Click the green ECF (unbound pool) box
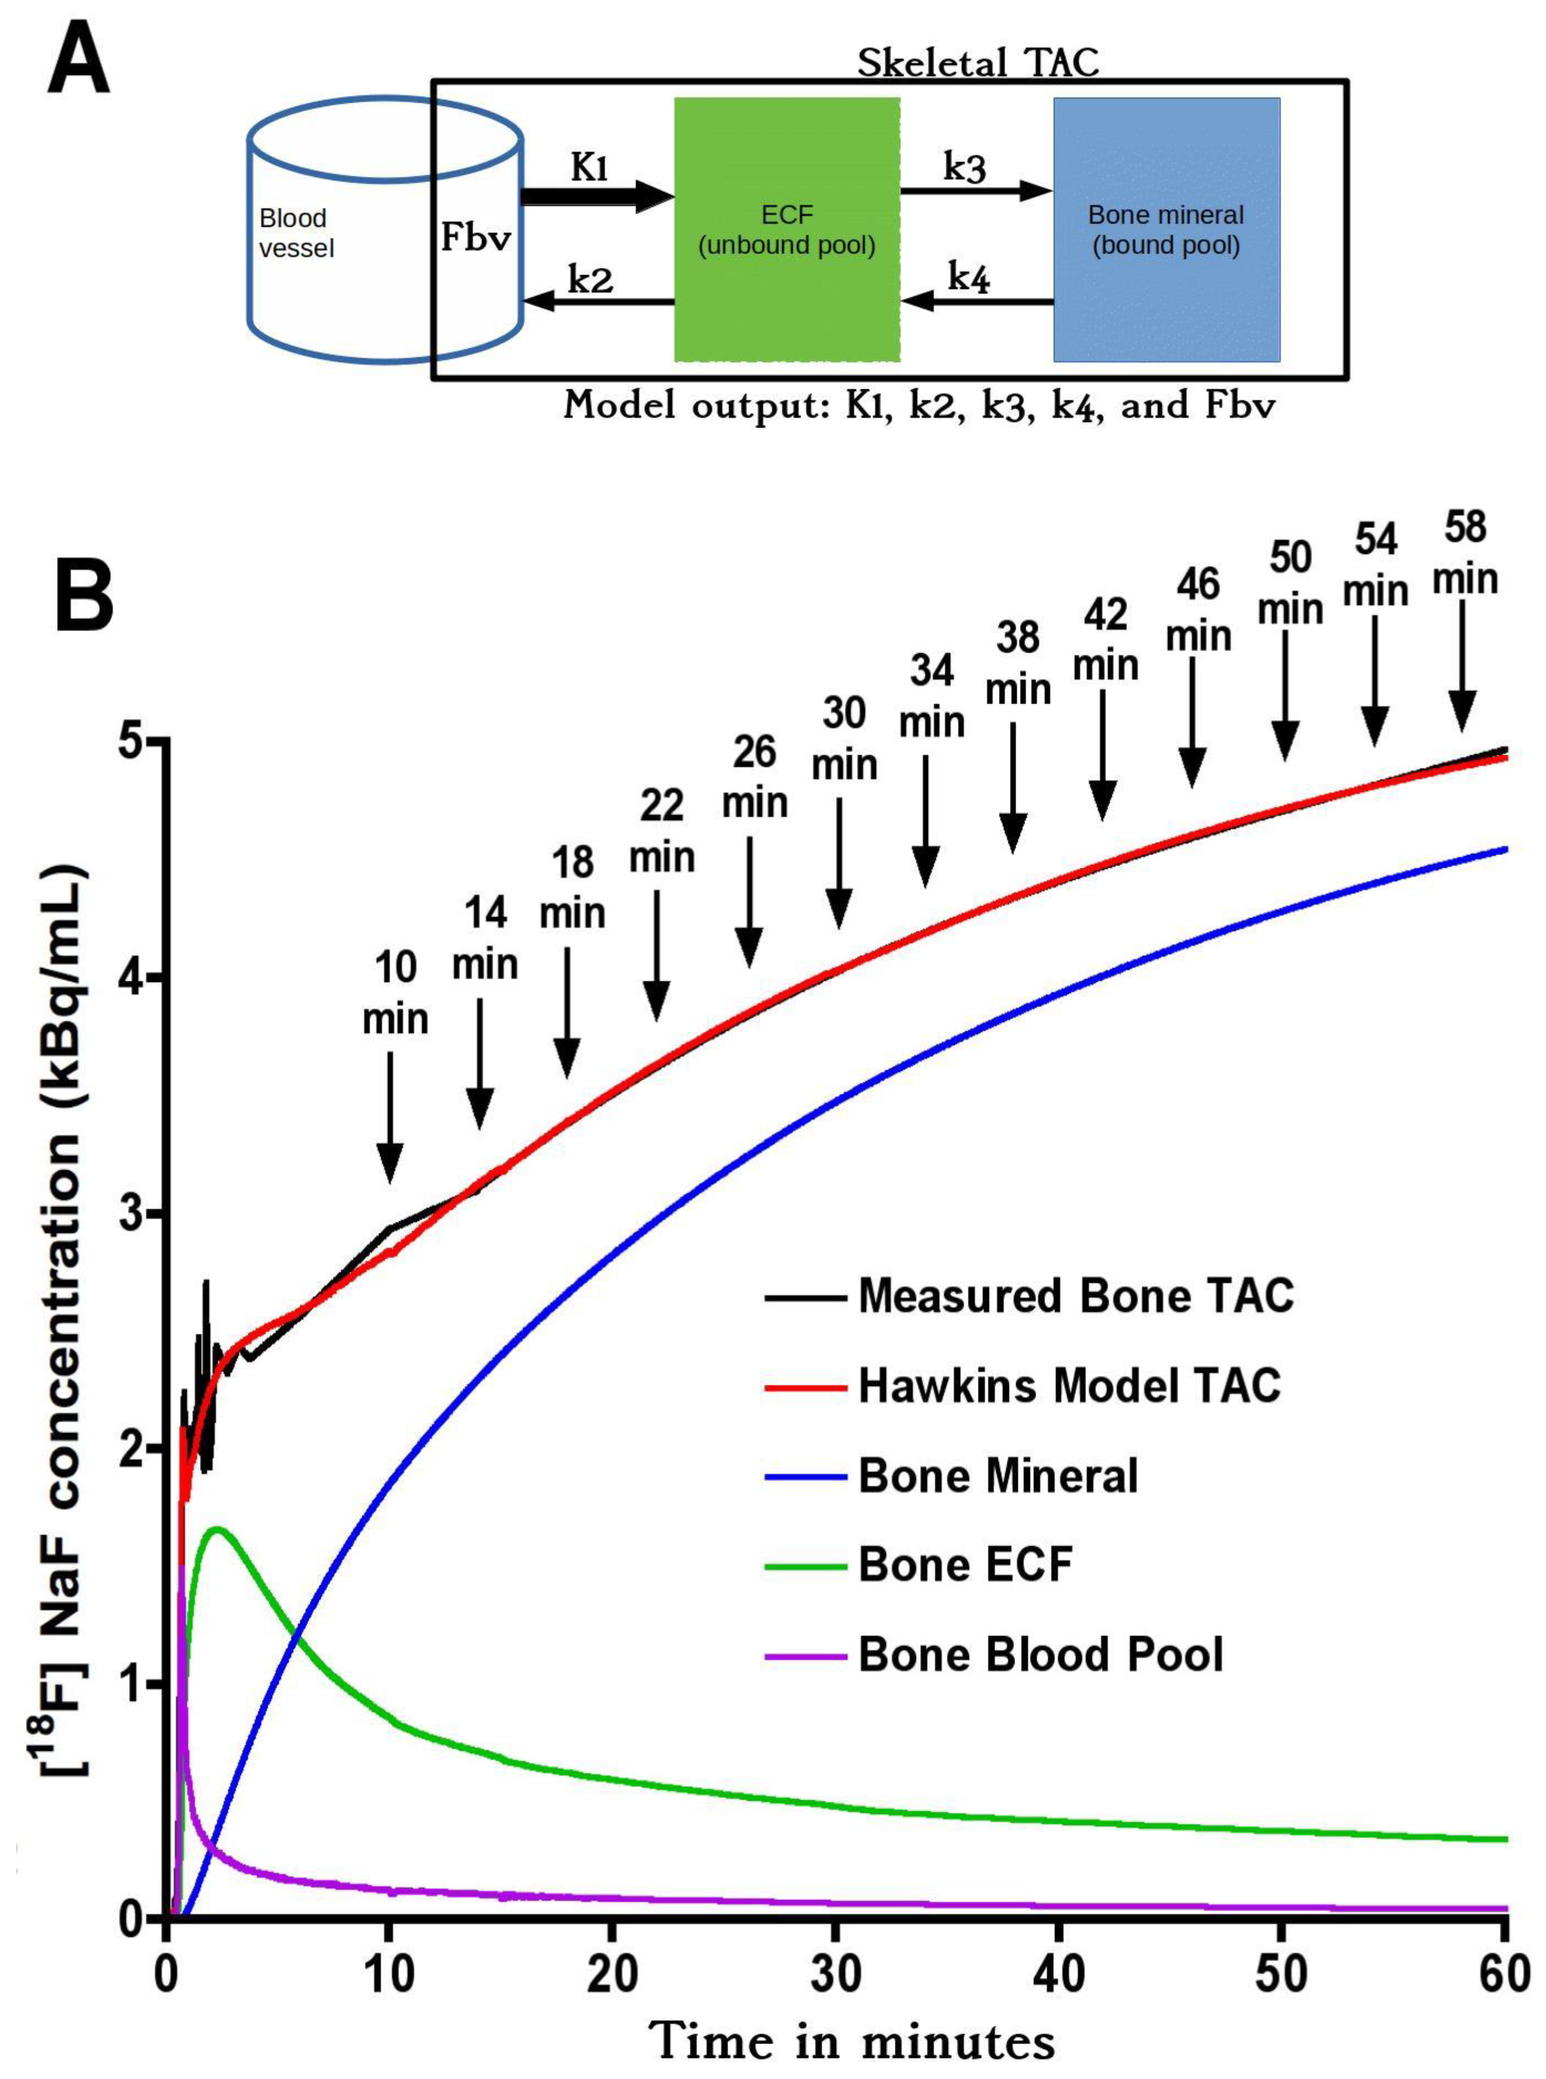coord(787,229)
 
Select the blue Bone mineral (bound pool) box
coord(1166,229)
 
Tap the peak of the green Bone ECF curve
coord(217,1529)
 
